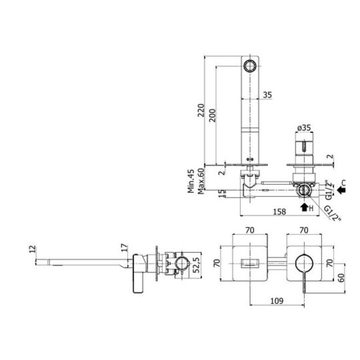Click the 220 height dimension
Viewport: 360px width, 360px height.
pos(201,110)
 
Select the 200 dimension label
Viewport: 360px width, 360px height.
pos(212,115)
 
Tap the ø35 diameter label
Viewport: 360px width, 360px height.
pos(304,128)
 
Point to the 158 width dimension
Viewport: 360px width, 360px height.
pos(279,211)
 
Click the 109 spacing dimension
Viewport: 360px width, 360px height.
pos(277,300)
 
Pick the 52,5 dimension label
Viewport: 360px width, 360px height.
pos(196,265)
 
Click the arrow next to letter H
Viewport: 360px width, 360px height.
pos(304,208)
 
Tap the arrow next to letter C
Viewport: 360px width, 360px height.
pos(341,190)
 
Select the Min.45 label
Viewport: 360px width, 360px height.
pos(191,181)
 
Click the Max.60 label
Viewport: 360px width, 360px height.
pos(201,181)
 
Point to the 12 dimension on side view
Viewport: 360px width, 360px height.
pos(32,249)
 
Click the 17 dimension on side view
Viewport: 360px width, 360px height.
pos(124,247)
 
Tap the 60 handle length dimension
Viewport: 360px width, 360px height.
pos(341,278)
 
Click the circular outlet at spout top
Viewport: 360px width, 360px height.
pos(249,66)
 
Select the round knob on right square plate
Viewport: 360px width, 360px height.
pos(304,263)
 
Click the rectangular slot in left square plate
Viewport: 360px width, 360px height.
pos(250,263)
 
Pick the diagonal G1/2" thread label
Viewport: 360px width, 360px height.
pos(332,213)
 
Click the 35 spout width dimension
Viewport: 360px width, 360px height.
pos(267,95)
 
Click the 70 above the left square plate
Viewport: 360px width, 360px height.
pos(250,230)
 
